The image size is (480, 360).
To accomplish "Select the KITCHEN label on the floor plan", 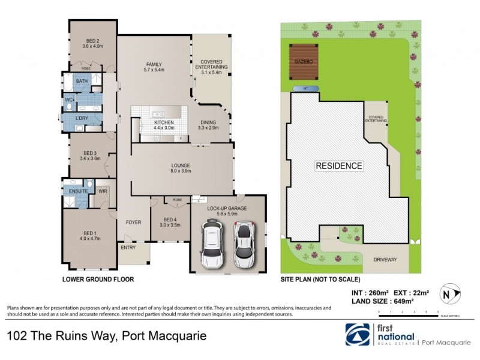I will (x=155, y=124).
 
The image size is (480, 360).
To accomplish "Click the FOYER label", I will (x=133, y=222).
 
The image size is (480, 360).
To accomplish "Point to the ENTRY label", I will (x=128, y=247).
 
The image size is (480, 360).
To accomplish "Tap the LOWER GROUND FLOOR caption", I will (x=98, y=280).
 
